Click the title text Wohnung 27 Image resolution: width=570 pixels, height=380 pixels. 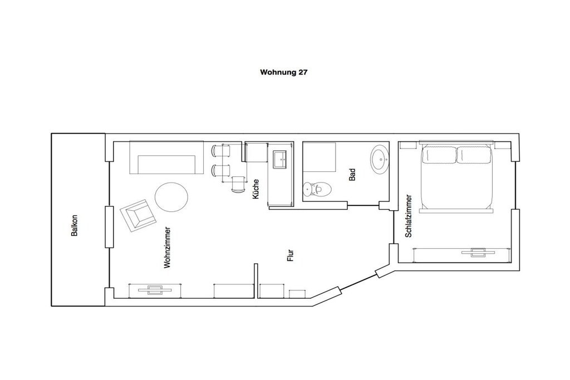(283, 72)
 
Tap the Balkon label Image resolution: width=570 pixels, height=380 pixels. (75, 225)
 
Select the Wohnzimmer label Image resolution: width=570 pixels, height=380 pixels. (167, 248)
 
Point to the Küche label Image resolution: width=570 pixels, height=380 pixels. (255, 189)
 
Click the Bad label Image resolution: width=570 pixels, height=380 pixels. (352, 175)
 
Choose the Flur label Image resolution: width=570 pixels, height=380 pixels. (290, 255)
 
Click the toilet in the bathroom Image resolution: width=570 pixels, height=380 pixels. (317, 189)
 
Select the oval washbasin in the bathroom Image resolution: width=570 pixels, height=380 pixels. (380, 158)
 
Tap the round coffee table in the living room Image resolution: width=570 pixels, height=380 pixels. (171, 197)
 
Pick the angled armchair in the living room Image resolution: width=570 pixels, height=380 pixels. (138, 215)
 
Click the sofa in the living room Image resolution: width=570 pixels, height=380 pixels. (166, 157)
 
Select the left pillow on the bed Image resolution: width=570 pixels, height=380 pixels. (439, 155)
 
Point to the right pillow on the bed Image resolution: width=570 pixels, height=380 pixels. (474, 155)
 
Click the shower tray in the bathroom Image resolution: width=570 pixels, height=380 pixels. (319, 156)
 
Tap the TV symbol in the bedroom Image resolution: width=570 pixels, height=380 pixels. (478, 252)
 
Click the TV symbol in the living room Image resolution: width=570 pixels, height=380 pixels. (155, 289)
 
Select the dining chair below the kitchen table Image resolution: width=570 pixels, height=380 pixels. (238, 184)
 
